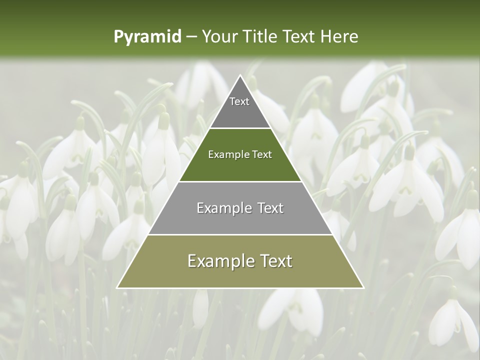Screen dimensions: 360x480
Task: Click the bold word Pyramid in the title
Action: click(x=147, y=37)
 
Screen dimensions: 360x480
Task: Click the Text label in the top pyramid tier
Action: click(x=239, y=101)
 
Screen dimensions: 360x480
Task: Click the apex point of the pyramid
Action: click(x=240, y=75)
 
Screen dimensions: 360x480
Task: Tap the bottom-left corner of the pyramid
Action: click(x=117, y=287)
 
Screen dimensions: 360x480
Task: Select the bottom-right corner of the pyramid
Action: click(x=363, y=287)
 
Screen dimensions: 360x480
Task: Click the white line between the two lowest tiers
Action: click(x=240, y=234)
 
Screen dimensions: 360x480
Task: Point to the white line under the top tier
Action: click(x=240, y=128)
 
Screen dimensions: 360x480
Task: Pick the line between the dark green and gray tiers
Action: click(x=240, y=181)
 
